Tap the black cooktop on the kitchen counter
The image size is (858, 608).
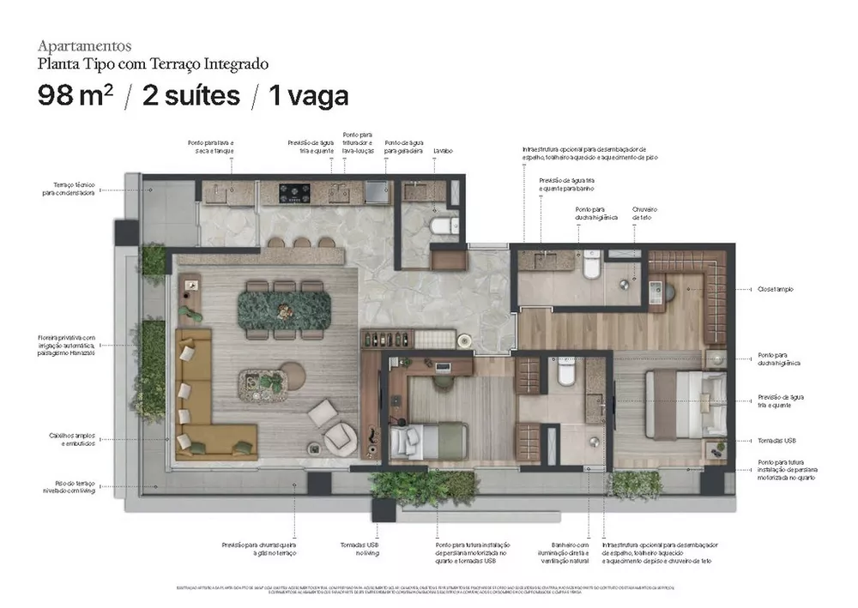tap(295, 191)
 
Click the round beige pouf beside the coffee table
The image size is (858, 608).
tap(292, 375)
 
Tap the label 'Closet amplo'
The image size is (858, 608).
tap(775, 289)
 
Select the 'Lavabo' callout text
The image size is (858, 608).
tap(443, 151)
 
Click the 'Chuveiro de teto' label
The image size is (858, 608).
tap(644, 213)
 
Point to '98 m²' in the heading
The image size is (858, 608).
tap(75, 95)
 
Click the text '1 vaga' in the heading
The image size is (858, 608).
tap(309, 95)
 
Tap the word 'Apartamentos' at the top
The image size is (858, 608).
tap(84, 45)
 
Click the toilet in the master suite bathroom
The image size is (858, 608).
tap(591, 268)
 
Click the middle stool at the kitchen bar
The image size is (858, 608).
tap(301, 243)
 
